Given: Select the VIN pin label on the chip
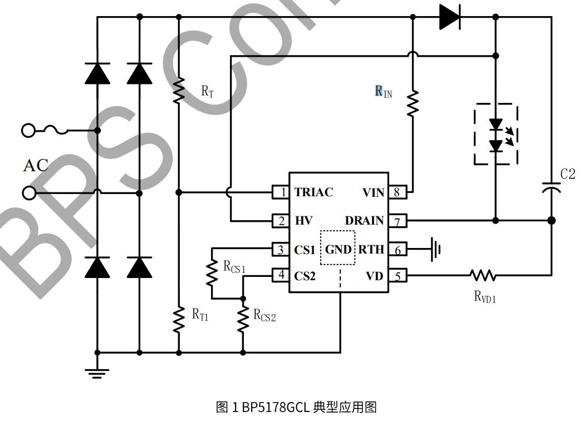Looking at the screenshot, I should click(373, 192).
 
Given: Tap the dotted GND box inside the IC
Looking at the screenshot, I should click(338, 249).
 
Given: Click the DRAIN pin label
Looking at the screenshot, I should click(365, 221).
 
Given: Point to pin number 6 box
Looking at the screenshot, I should click(397, 250).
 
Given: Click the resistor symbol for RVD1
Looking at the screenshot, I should click(482, 275).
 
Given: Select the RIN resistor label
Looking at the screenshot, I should click(384, 92).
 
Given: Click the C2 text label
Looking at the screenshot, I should click(567, 174).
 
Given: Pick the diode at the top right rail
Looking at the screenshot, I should click(449, 17).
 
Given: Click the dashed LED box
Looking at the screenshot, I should click(495, 135).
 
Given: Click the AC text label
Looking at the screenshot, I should click(36, 165).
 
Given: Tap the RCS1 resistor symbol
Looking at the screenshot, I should click(212, 272).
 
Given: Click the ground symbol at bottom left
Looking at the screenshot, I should click(97, 372).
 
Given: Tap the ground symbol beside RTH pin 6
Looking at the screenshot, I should click(437, 250).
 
